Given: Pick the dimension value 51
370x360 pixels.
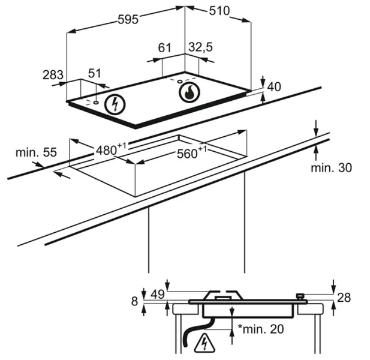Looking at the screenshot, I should point(95,73).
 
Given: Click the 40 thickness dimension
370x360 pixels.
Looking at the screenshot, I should point(273,86).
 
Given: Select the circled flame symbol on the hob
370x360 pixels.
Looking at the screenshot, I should point(188,92).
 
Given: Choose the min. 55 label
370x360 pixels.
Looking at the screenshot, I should point(36,152).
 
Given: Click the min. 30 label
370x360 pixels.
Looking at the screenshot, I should point(331,168).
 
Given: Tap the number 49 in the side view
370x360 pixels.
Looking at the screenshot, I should point(158,294).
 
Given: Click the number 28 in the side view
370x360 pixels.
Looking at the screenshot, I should point(344,297).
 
